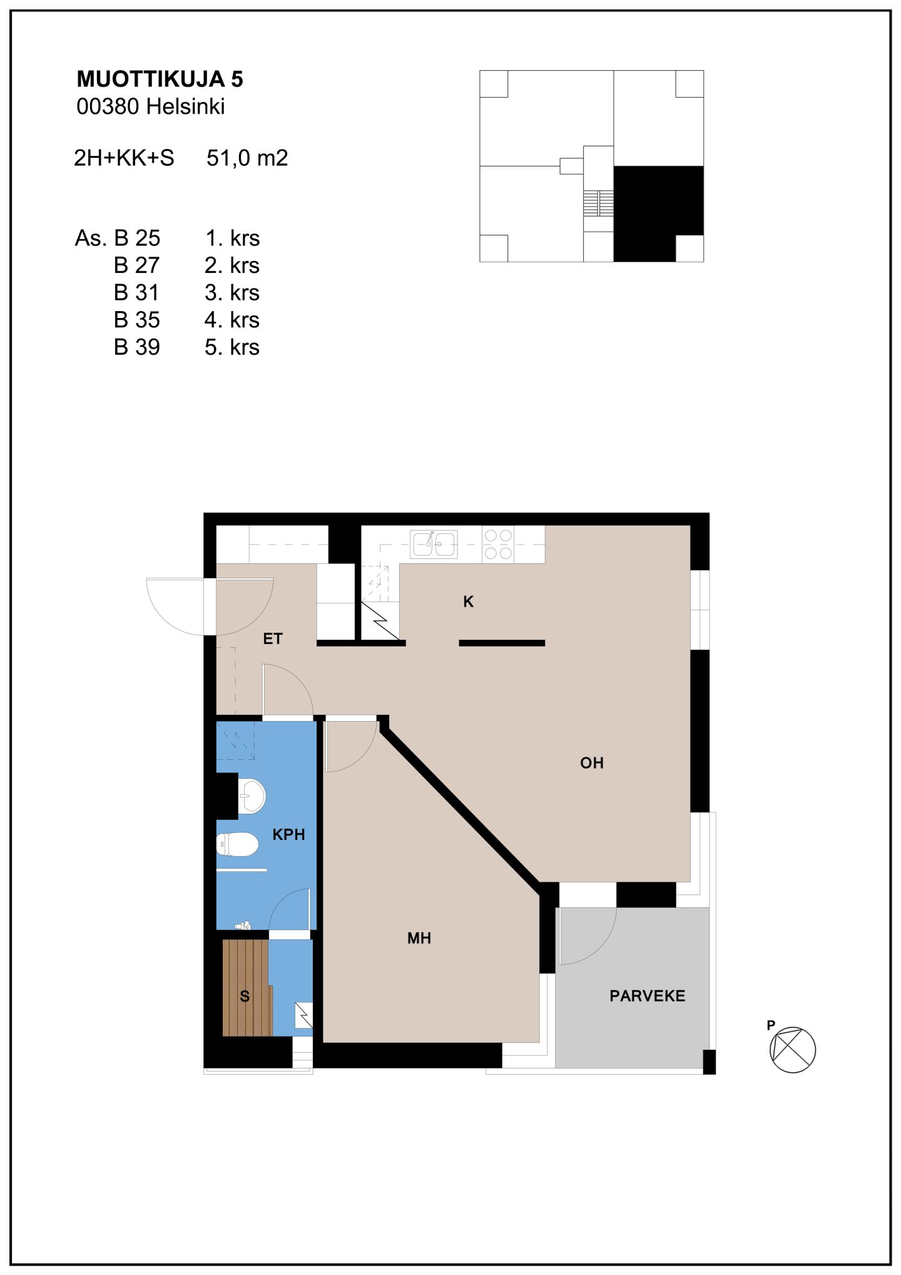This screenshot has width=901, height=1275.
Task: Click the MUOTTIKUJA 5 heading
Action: (x=160, y=79)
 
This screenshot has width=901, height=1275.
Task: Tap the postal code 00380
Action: (x=108, y=106)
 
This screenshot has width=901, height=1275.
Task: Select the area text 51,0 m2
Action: (x=247, y=158)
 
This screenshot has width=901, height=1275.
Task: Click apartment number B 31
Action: (x=136, y=292)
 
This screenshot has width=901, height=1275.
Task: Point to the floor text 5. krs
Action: (x=232, y=347)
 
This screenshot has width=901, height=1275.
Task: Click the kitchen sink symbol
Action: (x=434, y=543)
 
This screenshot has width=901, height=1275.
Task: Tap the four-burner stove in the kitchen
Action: (x=498, y=544)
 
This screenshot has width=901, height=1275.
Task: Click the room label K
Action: (x=468, y=602)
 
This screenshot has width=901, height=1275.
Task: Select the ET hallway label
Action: (x=273, y=638)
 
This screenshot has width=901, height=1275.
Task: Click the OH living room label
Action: (x=592, y=762)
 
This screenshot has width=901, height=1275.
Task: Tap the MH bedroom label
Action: (x=419, y=938)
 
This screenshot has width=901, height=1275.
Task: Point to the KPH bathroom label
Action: (x=288, y=834)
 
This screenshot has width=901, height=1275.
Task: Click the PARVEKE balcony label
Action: (x=648, y=995)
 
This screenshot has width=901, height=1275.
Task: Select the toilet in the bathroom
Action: (x=237, y=844)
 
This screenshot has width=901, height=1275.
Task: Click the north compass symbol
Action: (x=792, y=1049)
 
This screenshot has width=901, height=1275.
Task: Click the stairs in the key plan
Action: (x=598, y=203)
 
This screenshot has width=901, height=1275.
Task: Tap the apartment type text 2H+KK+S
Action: (x=124, y=158)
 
